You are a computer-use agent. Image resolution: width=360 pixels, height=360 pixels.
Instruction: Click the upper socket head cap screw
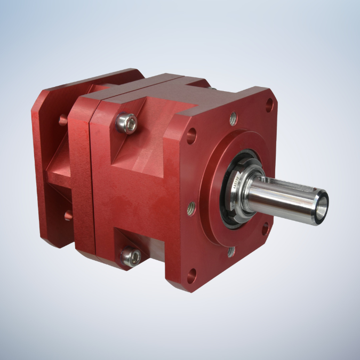coord(127,123)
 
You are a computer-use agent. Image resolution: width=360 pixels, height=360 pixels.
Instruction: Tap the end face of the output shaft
coord(322,207)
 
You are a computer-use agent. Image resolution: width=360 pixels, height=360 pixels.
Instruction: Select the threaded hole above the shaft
coord(233,118)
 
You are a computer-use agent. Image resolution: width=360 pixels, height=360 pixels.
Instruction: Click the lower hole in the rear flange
coord(68,215)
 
